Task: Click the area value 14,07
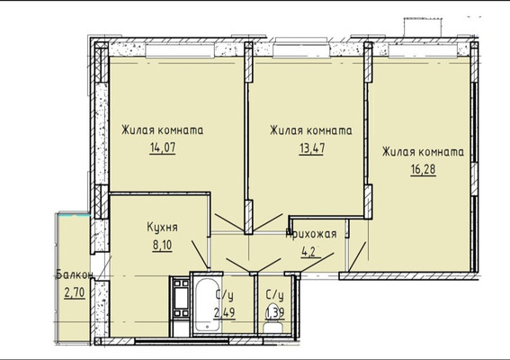[x=162, y=146]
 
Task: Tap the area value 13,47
[x=310, y=147]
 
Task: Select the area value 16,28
[x=422, y=169]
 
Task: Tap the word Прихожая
[x=311, y=233]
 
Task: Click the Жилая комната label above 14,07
[x=162, y=130]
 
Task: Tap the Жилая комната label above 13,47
[x=310, y=130]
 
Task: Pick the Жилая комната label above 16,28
[x=422, y=153]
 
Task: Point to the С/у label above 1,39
[x=275, y=295]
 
